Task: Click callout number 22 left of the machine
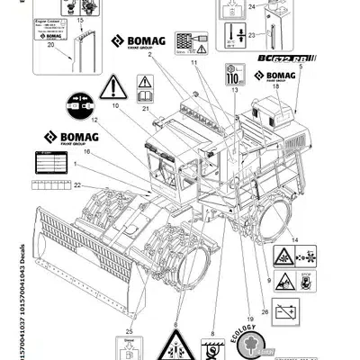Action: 77,184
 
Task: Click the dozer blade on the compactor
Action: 67,238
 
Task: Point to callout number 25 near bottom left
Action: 130,307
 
